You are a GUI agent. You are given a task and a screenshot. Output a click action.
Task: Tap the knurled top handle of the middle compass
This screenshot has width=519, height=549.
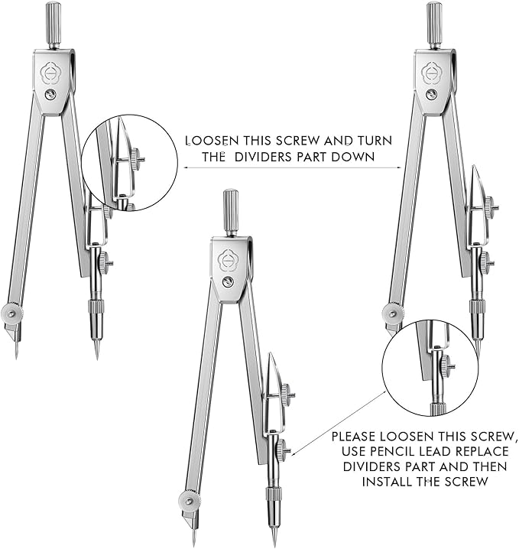click(x=230, y=204)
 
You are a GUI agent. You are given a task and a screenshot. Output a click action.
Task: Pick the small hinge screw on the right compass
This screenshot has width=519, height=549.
click(x=432, y=94)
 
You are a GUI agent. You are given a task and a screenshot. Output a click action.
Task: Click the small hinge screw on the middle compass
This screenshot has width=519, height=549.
click(x=228, y=282)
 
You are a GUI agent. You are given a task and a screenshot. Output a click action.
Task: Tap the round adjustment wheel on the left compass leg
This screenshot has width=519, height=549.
click(x=11, y=313)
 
